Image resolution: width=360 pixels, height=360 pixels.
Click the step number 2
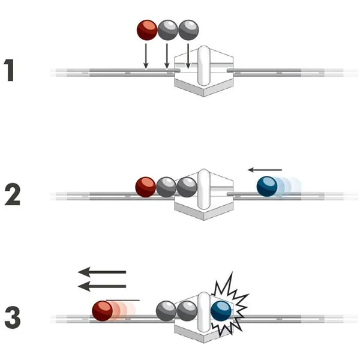click(13, 194)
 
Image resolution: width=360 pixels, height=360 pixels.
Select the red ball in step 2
click(145, 186)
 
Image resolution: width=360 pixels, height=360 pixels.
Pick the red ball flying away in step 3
click(103, 311)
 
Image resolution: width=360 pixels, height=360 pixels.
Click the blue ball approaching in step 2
click(266, 186)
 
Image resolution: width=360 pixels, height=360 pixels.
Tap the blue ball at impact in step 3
click(221, 311)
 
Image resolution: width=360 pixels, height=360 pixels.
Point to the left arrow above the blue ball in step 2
click(265, 169)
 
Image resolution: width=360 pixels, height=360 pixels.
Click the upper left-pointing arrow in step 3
click(102, 272)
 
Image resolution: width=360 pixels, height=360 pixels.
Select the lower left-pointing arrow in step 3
click(102, 286)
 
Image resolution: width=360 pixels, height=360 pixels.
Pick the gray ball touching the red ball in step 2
click(166, 186)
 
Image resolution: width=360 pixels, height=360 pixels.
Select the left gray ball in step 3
click(166, 311)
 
